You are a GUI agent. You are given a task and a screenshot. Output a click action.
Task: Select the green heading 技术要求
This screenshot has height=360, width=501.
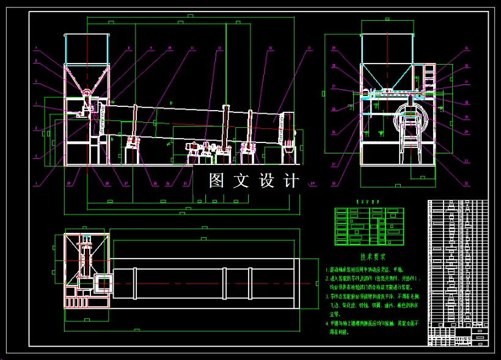pos(373,257)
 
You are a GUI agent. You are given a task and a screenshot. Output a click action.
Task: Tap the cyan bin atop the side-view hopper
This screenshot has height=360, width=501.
pos(86,48)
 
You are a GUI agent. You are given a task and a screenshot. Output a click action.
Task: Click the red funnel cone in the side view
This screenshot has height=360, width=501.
pos(86,79)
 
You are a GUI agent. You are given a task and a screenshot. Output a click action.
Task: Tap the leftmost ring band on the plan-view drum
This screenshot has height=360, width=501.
pos(135,284)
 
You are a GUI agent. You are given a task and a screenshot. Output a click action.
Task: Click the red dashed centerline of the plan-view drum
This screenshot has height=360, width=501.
pos(208,284)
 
